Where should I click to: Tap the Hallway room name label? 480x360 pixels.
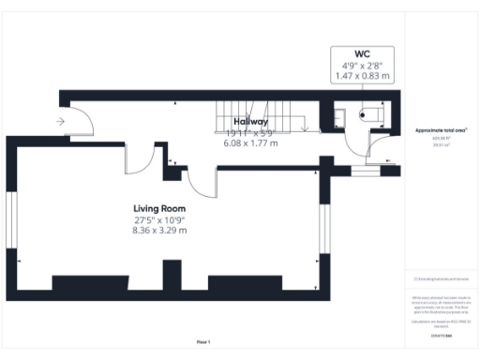[250, 122]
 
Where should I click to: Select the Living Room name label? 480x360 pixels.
[158, 208]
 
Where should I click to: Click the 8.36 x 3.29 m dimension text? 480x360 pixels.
[158, 231]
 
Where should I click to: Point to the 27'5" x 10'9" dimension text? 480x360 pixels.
[158, 219]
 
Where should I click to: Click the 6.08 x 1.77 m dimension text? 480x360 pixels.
[250, 143]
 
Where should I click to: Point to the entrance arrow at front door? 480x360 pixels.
[61, 121]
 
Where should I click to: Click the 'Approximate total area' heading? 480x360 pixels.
[441, 129]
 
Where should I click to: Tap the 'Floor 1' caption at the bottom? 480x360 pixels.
[204, 341]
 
